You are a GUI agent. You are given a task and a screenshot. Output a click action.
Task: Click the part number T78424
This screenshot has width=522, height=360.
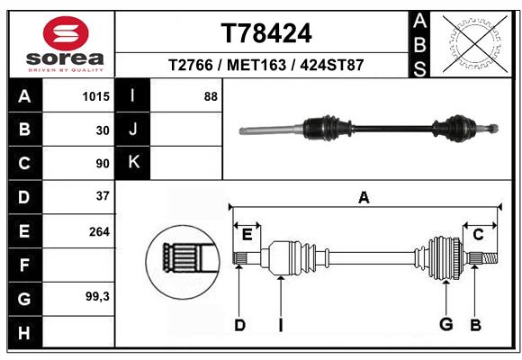(266, 33)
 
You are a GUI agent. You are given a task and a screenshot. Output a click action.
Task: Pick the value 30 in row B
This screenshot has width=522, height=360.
(103, 130)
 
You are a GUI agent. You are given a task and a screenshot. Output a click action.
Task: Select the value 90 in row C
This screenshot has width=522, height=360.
(103, 163)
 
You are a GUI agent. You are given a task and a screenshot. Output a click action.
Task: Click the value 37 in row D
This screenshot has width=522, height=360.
(103, 196)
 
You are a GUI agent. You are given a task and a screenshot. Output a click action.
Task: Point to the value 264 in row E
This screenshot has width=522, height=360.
(99, 231)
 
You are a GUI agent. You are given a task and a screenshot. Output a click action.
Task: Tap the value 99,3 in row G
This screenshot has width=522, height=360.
(97, 296)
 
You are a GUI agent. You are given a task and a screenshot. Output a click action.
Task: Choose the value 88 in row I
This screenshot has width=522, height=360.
(211, 95)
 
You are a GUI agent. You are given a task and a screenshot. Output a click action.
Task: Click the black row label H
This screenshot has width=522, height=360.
(23, 332)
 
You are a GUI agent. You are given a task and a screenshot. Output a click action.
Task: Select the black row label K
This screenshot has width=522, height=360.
(134, 163)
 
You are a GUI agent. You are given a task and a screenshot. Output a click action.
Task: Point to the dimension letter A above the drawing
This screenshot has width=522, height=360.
(364, 198)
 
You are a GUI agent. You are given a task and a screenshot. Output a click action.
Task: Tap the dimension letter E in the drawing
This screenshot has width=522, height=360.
(247, 235)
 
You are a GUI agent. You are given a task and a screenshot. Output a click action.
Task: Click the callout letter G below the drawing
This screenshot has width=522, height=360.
(445, 324)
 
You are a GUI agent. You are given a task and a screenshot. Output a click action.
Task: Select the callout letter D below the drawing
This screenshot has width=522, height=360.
(239, 325)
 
